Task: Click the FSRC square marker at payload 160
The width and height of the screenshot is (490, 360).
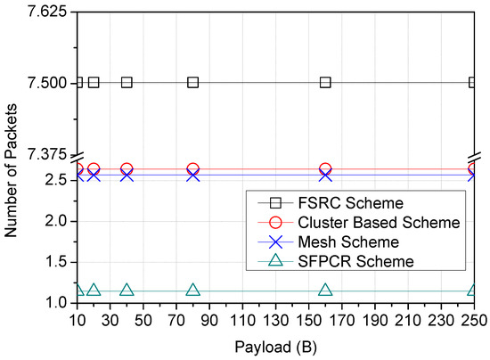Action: [x=325, y=82]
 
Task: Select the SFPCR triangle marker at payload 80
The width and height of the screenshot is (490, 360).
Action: [x=193, y=290]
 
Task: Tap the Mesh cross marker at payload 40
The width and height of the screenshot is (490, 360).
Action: [x=127, y=176]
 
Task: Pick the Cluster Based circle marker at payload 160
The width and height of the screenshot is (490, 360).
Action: [x=325, y=169]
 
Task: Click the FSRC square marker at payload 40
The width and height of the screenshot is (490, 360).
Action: [x=127, y=82]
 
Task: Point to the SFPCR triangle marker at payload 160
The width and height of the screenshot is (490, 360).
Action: [x=325, y=290]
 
